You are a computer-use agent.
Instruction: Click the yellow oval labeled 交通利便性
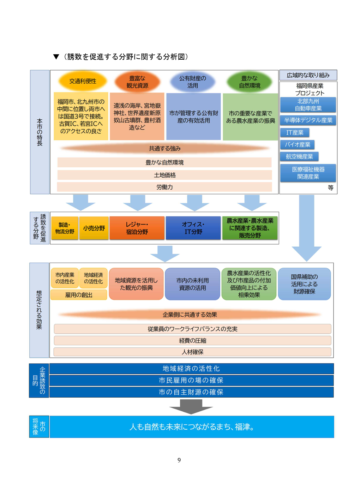[83, 81]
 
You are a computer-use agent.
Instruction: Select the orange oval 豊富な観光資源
[137, 82]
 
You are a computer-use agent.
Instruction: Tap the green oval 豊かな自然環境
[250, 82]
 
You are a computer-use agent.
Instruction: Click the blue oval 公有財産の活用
[193, 82]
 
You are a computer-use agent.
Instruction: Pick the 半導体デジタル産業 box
[308, 120]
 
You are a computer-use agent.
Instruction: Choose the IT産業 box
[295, 133]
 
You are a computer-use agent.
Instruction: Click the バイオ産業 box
[298, 145]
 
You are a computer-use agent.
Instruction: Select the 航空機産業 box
[299, 157]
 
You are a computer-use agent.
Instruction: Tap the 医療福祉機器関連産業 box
[308, 173]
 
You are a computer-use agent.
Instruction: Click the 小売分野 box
[94, 228]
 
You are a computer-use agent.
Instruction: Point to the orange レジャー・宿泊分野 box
[137, 228]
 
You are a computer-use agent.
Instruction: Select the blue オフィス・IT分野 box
[193, 228]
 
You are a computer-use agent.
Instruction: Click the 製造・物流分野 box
[65, 228]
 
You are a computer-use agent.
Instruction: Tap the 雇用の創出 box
[79, 295]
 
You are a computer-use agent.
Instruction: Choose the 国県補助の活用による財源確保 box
[304, 284]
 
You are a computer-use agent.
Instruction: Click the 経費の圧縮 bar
[192, 341]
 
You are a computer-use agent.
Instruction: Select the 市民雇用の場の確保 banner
[191, 381]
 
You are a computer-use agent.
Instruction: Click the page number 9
[179, 460]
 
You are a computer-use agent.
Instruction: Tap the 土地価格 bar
[164, 175]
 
